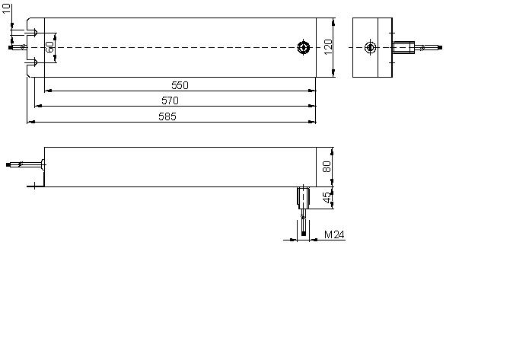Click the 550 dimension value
(180, 85)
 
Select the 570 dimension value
(170, 100)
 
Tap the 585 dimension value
(167, 116)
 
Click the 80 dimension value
(327, 167)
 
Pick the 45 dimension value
(327, 198)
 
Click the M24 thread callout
(334, 234)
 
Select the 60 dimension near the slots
(49, 47)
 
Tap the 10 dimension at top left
(6, 8)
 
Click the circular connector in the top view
(303, 47)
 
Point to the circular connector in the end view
(370, 47)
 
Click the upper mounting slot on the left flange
(32, 33)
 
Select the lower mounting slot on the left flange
(32, 62)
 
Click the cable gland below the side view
(303, 196)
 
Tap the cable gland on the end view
(404, 47)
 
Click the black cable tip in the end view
(440, 48)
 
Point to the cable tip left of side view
(8, 164)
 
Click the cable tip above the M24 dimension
(303, 233)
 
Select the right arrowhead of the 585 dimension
(312, 122)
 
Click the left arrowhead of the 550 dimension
(48, 91)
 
